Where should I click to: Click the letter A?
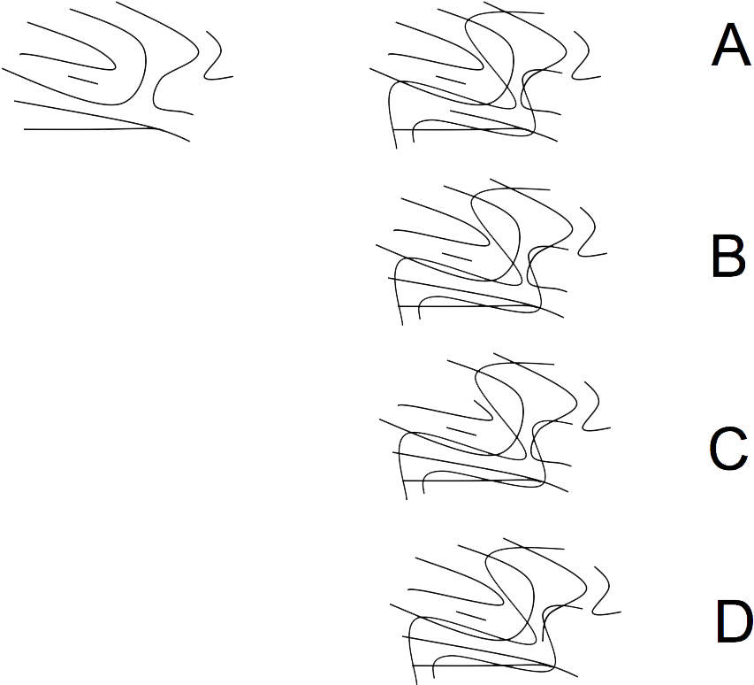coord(731,45)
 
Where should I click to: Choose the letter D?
coord(734,621)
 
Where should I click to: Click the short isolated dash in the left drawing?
coord(83,80)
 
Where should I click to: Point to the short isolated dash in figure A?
coord(451,80)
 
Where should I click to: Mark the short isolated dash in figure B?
coord(457,257)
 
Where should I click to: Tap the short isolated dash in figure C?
coord(461,431)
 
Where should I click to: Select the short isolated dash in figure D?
coord(471,616)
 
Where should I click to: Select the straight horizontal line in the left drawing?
coord(91,129)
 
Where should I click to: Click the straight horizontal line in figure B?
coord(466,305)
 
